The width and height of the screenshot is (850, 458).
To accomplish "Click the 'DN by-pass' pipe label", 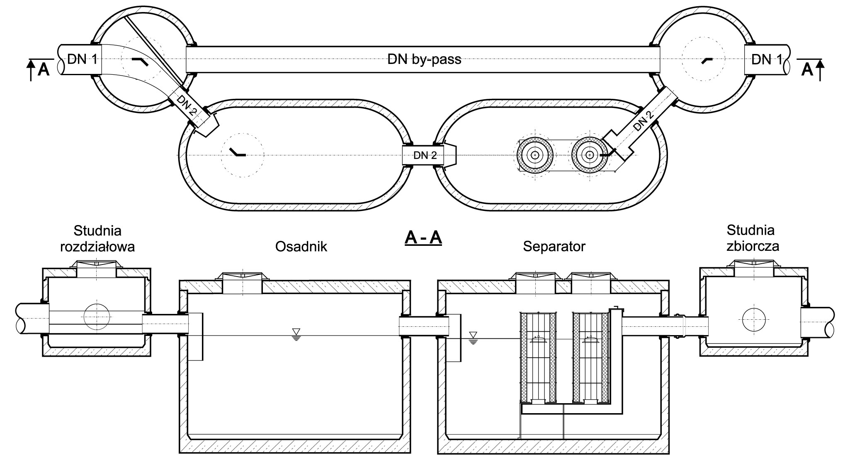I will [x=424, y=59].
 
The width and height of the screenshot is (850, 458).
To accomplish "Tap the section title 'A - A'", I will [x=423, y=239].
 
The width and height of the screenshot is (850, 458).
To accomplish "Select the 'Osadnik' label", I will [x=301, y=247].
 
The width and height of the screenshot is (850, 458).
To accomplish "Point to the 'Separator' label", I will [x=554, y=247].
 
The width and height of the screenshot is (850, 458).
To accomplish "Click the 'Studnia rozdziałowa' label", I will [x=97, y=238].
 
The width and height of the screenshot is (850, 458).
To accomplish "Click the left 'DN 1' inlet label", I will [x=82, y=60].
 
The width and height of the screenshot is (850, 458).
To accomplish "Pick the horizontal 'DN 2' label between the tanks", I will [x=425, y=156].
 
